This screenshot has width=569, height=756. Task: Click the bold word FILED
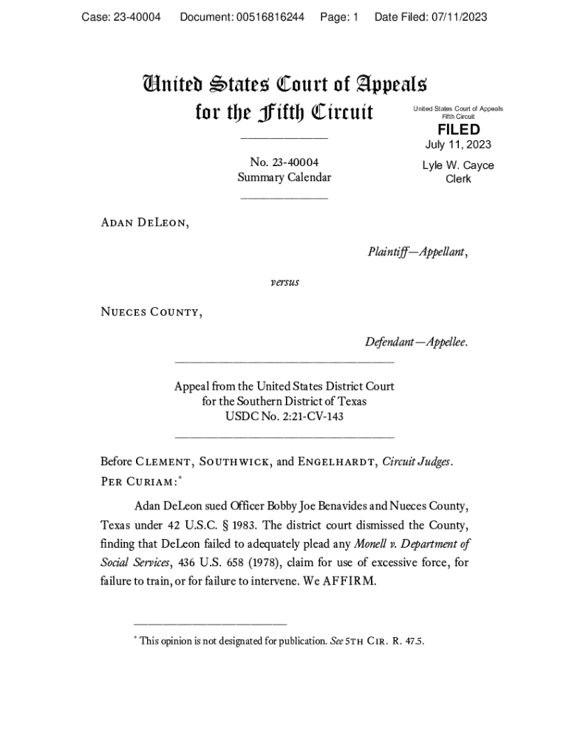coord(458,130)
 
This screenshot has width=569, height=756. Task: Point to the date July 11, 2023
coord(458,145)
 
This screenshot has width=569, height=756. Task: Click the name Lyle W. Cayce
coord(458,165)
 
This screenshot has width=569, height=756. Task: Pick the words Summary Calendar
coord(284,177)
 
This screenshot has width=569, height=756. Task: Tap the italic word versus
coord(284,281)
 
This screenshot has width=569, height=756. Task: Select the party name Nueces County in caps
coord(150,312)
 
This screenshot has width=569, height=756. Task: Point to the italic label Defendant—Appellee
coord(415,343)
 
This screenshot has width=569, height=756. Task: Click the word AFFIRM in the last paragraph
coord(354,580)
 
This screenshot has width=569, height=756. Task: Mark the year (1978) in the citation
coord(250,563)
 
